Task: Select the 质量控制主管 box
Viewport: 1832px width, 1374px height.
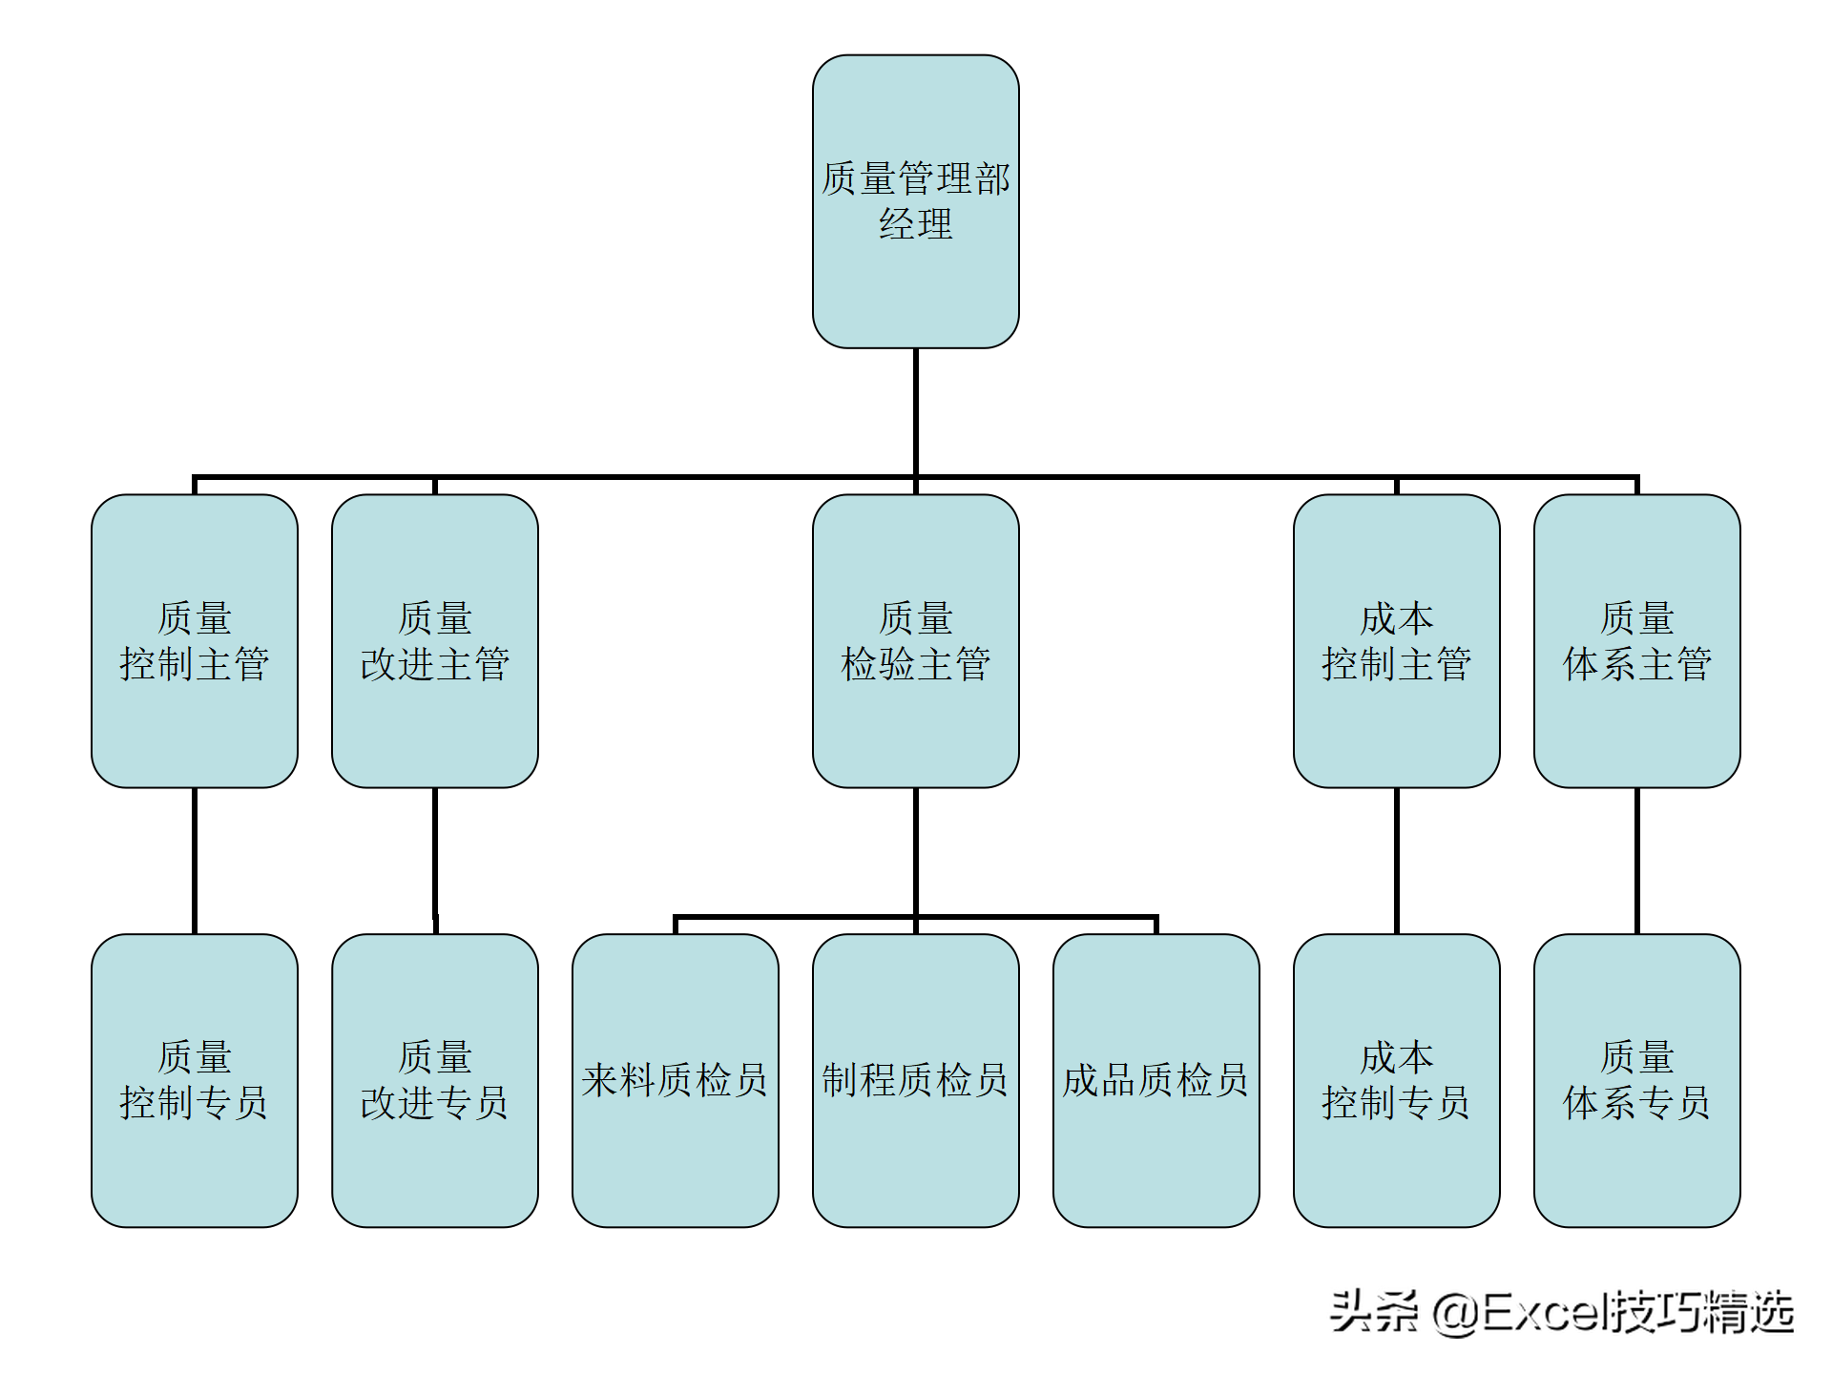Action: point(195,640)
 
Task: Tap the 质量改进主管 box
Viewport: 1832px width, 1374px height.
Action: point(435,640)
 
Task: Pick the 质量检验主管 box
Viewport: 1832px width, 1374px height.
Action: point(915,640)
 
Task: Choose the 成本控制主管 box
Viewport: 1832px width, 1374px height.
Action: point(1396,640)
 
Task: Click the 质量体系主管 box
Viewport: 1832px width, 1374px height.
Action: point(1636,640)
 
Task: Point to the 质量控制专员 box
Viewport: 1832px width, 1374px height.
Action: point(195,1080)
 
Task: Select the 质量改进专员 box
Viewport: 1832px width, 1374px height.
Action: point(435,1080)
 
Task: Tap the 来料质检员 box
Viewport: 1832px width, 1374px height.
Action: point(676,1080)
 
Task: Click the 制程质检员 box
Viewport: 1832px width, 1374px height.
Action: point(915,1080)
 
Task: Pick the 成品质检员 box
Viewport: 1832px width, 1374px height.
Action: point(1155,1080)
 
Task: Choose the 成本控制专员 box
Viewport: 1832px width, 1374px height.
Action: point(1396,1080)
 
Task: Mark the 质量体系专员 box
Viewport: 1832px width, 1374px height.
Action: point(1636,1080)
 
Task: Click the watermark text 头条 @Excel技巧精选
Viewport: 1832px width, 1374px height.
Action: point(1562,1313)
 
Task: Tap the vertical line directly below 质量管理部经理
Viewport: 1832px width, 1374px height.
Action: point(915,410)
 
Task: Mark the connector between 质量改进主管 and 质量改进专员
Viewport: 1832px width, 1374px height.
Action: point(435,859)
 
